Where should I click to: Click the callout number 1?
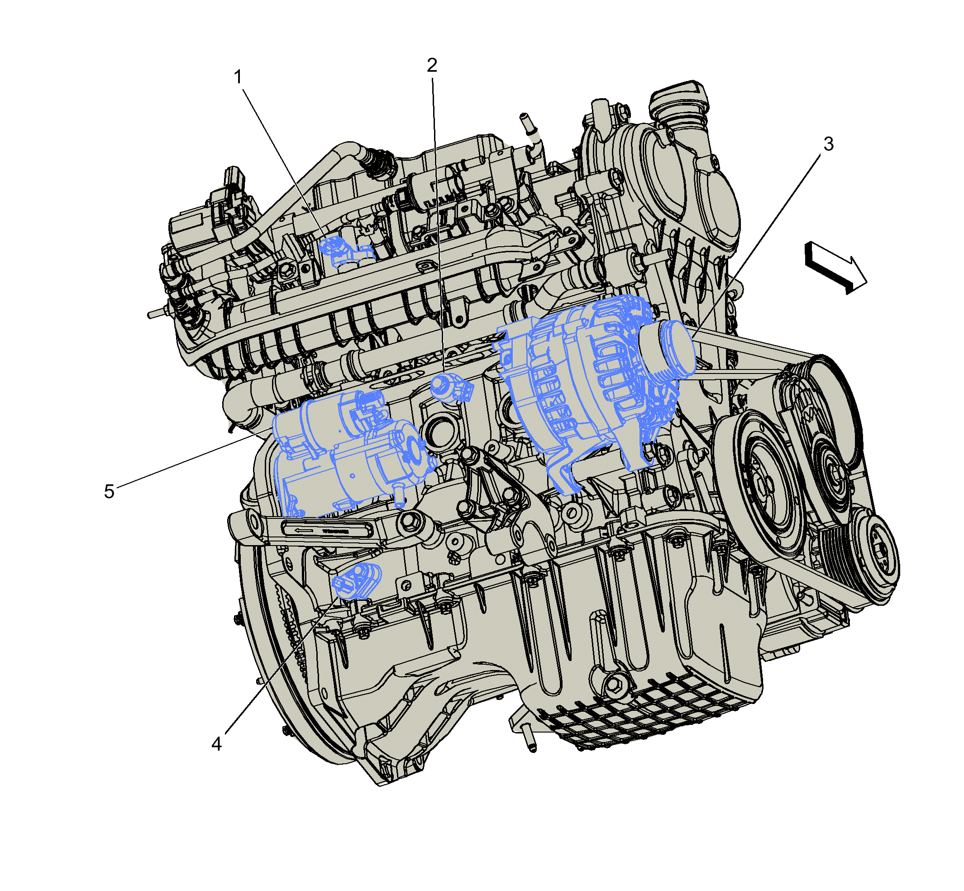238,77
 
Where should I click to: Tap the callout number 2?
432,65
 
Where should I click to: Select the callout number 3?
828,144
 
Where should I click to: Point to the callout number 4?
216,744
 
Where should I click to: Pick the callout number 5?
110,491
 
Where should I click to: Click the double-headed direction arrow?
835,268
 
